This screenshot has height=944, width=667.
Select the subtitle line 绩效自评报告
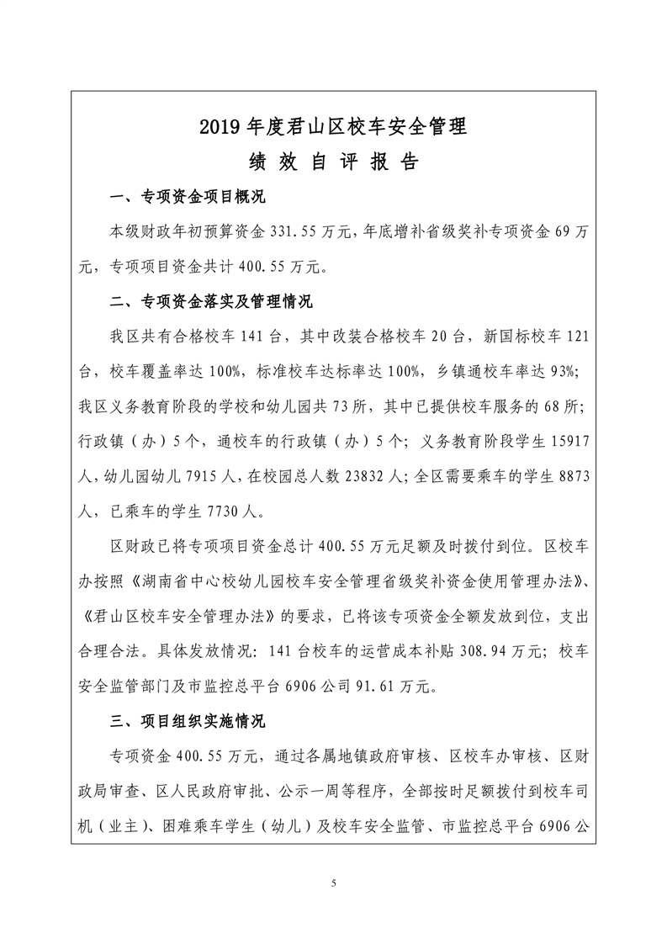333,162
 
